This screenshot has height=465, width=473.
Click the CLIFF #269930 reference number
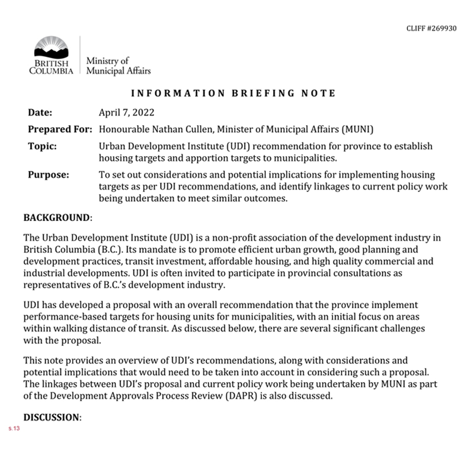(x=431, y=29)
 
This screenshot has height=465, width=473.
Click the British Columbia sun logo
(x=51, y=49)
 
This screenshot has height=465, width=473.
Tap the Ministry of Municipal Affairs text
(x=118, y=66)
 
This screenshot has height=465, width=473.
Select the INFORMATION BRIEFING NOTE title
(x=233, y=93)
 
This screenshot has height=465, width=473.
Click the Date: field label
(x=40, y=112)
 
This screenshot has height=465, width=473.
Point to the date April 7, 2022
(x=127, y=112)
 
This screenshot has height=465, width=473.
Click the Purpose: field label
(x=48, y=175)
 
